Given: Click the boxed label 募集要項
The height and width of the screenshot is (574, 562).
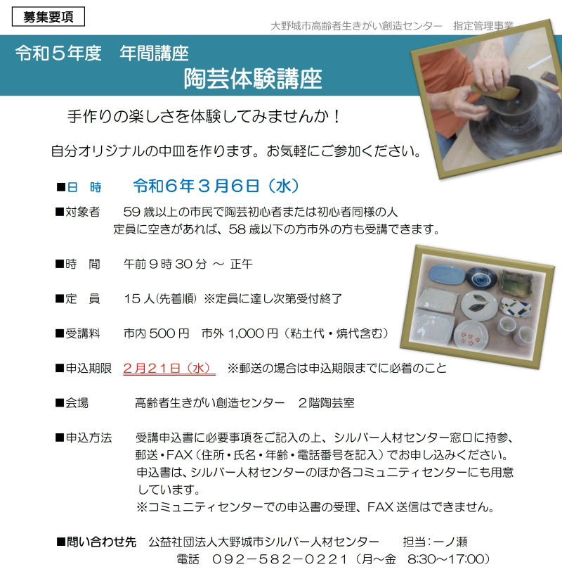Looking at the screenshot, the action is click(48, 17).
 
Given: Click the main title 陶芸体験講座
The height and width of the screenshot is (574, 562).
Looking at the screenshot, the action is click(253, 79).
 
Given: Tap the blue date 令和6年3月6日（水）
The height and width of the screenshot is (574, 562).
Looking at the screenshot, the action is click(216, 186).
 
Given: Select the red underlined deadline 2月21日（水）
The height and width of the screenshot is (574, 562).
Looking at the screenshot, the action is click(169, 368).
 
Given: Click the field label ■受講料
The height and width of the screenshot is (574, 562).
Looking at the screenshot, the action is click(77, 333).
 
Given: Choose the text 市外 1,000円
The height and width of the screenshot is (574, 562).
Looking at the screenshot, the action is click(240, 333).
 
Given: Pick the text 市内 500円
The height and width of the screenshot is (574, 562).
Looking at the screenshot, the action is click(157, 333).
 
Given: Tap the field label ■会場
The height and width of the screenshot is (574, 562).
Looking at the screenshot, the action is click(72, 402).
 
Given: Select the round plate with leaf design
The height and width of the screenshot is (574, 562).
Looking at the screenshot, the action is click(478, 305).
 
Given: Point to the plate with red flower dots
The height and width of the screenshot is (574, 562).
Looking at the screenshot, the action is click(471, 336).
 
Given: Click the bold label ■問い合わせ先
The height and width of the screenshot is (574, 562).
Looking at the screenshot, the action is click(96, 542).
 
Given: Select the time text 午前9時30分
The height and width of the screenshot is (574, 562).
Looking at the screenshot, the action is click(165, 264).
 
